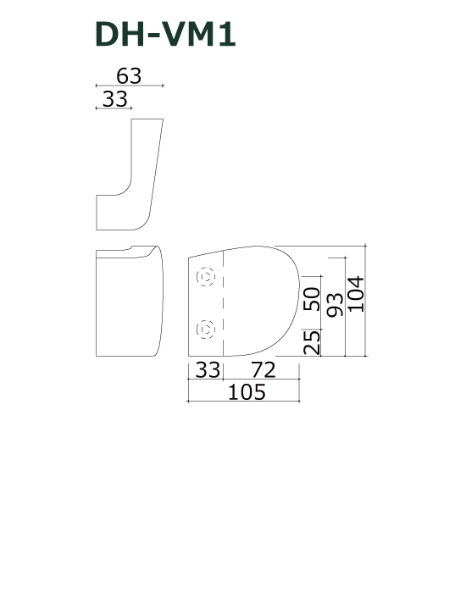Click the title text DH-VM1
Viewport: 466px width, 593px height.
coord(165,35)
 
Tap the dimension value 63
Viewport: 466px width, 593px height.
coord(129,75)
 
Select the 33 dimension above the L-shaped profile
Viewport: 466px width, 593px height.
coord(115,99)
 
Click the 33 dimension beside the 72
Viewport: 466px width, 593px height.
coord(208,370)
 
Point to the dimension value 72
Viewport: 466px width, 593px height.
coord(264,370)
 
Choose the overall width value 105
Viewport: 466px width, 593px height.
coord(247,391)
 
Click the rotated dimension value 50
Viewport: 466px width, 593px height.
coord(312,299)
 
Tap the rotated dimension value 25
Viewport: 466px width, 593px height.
coord(312,342)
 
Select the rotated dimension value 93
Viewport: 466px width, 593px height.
coord(335,305)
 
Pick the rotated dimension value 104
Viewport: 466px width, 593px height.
coord(356,294)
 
